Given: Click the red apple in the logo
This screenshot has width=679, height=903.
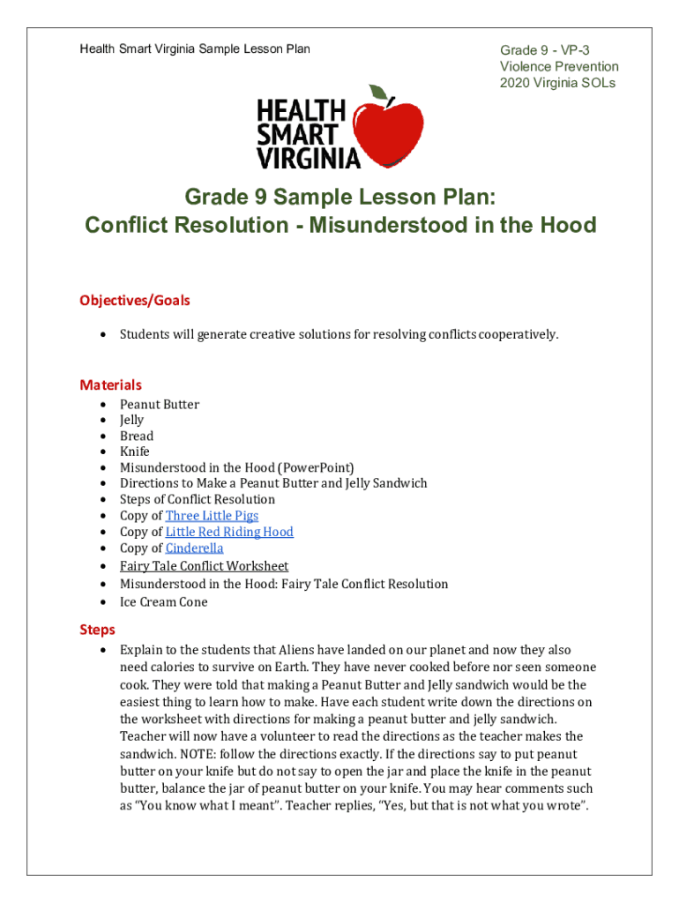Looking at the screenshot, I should [388, 132].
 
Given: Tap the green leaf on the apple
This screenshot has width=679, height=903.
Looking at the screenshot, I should [378, 93].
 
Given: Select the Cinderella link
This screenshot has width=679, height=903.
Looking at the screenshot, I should [194, 549].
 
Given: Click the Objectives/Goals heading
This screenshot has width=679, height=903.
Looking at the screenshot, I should [135, 301].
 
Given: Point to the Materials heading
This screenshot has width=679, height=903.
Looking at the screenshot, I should [110, 384].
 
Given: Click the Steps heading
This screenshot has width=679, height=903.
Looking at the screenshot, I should [97, 630].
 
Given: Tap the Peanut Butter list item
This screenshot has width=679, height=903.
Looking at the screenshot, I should [160, 405].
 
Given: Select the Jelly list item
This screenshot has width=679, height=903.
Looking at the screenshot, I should [131, 421].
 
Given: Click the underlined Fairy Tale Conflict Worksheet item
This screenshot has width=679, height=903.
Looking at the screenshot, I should [204, 566].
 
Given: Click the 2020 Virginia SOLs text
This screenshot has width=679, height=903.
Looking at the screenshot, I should [557, 83].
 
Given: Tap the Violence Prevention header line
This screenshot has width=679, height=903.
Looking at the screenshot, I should [559, 67].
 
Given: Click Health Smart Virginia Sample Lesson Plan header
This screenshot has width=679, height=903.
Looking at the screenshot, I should [195, 49].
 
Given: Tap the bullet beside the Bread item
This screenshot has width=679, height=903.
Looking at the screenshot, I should [104, 437].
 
